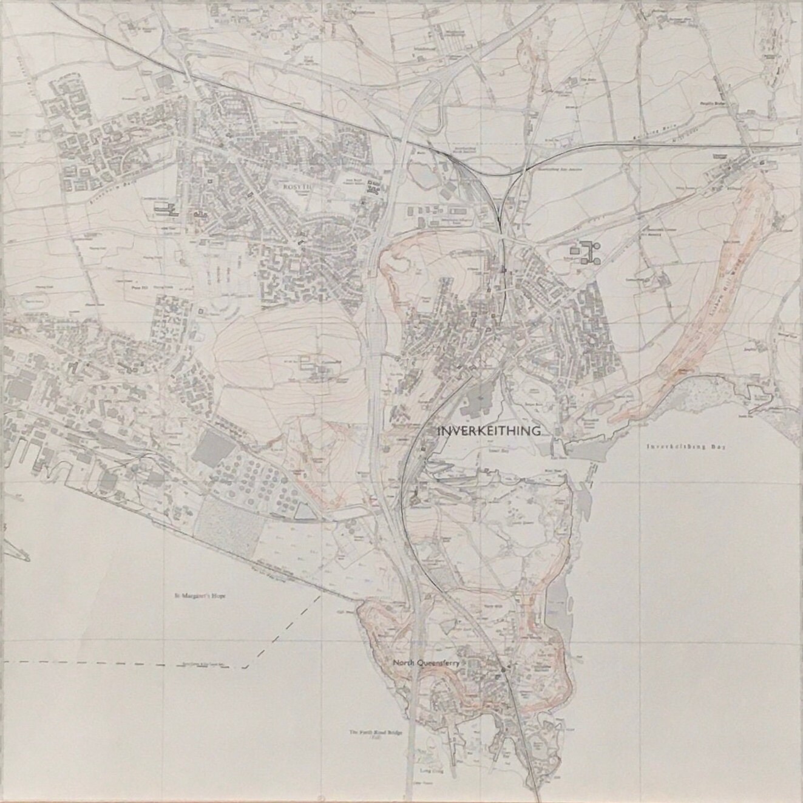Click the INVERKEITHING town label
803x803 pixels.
(x=489, y=432)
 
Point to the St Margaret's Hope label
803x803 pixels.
(x=195, y=597)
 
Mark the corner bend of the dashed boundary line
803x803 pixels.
(x=245, y=667)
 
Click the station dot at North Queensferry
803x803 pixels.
(x=503, y=669)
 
